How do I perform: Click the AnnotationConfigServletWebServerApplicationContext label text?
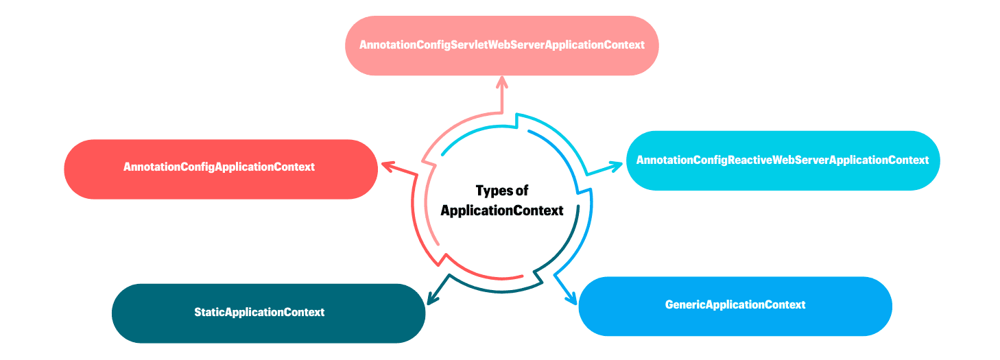501,45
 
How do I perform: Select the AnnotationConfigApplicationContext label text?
219,167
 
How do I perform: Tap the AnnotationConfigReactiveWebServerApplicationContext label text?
782,160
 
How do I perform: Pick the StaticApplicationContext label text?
259,312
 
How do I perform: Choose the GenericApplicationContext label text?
735,304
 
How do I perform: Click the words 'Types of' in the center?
502,191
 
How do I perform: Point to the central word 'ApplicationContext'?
502,211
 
